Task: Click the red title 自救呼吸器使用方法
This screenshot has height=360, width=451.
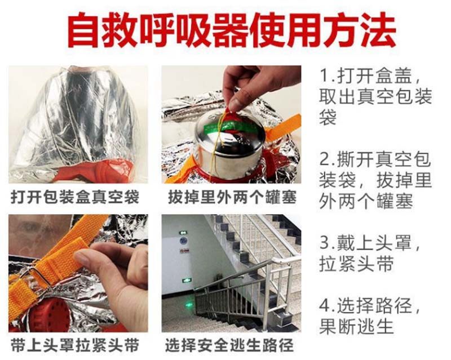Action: pos(232,30)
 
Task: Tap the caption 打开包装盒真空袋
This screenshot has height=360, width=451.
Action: pos(75,198)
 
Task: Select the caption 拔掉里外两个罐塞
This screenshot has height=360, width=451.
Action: pos(232,198)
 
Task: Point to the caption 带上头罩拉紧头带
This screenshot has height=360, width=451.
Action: pos(75,345)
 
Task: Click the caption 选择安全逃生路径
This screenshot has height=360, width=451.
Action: pos(229,345)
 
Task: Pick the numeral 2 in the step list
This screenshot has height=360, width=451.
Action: pos(325,159)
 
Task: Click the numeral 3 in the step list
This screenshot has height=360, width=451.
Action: pos(325,242)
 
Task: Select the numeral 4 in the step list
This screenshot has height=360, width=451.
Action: pos(325,305)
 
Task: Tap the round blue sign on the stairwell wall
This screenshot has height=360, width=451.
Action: pos(183,241)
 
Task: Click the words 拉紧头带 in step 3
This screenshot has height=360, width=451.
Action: pos(356,264)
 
